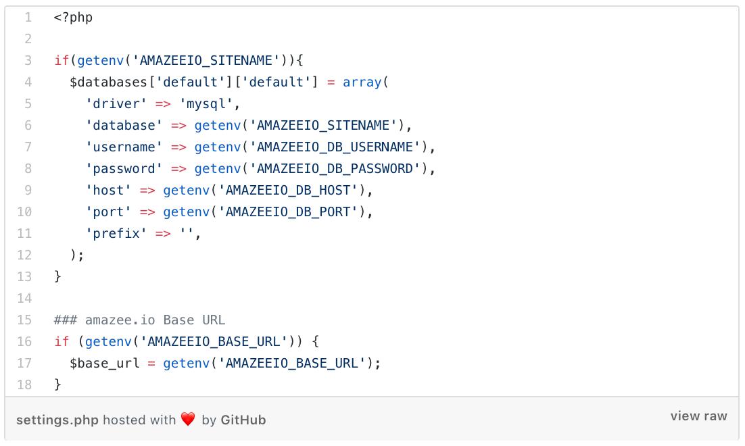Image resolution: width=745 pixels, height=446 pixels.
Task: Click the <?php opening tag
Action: pos(73,18)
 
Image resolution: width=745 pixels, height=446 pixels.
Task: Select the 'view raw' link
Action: pos(698,416)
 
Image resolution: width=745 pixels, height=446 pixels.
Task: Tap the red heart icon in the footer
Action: pos(188,420)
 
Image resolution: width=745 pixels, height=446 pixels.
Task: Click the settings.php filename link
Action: pos(57,420)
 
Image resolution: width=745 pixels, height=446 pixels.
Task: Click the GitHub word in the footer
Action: pos(243,420)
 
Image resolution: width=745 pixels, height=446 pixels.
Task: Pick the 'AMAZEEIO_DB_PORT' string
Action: pos(292,212)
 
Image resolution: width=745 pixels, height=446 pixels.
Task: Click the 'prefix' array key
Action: pos(116,234)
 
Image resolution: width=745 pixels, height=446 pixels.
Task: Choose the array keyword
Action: pos(362,82)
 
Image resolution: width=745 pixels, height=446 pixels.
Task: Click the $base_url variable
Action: pos(105,364)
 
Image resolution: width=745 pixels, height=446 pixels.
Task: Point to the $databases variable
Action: pos(109,82)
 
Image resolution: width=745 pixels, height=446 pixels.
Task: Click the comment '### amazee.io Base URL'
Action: pos(140,320)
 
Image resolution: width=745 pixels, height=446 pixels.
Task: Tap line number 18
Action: pos(24,385)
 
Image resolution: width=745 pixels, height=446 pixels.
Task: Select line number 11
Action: pos(24,234)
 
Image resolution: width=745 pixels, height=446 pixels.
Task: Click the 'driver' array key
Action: pos(116,104)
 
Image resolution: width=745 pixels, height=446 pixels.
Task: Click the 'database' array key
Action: pos(124,126)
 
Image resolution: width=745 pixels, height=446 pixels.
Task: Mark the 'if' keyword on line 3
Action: pos(62,61)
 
